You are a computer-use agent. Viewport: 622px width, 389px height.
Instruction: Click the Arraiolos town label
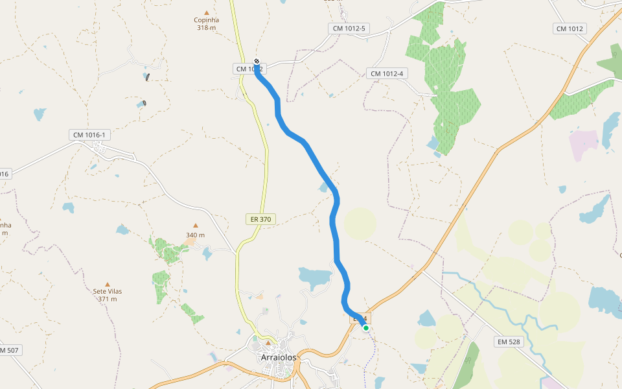point(278,357)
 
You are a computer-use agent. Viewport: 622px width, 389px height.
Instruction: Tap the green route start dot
point(366,328)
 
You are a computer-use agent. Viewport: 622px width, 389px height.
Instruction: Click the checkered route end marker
point(257,62)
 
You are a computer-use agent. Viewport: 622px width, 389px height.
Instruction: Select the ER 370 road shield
point(261,219)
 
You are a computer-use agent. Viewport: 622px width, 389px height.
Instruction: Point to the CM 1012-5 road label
point(349,29)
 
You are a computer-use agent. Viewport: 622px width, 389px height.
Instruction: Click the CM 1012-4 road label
point(387,74)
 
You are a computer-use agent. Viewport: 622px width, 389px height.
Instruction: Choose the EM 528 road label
point(509,342)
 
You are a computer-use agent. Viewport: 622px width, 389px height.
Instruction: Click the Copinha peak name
point(207,20)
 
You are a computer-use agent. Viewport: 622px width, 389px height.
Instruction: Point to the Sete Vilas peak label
point(108,291)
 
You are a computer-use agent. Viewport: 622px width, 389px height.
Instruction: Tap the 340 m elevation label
point(195,235)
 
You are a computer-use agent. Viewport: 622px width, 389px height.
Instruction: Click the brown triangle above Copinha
point(207,12)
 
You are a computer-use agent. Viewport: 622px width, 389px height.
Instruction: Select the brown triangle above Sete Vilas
point(108,284)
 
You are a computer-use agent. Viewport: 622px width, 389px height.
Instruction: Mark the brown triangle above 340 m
point(195,226)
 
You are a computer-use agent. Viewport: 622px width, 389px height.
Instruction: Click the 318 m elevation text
point(207,28)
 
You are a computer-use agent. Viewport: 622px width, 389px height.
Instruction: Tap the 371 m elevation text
point(108,299)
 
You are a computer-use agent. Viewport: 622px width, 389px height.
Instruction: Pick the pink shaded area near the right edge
point(584,145)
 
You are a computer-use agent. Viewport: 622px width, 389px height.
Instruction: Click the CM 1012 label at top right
point(570,29)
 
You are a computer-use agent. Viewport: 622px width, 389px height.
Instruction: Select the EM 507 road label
point(9,350)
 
